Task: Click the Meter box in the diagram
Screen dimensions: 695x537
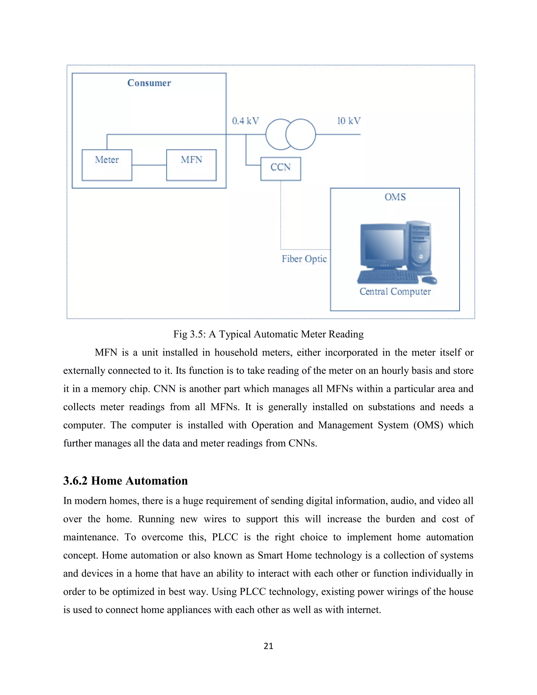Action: [107, 165]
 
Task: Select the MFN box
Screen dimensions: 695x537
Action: [191, 165]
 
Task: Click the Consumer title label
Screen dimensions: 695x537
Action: [149, 83]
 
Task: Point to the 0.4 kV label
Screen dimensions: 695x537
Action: [245, 121]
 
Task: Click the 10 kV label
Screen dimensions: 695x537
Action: [349, 121]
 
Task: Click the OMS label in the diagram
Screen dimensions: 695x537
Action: [395, 197]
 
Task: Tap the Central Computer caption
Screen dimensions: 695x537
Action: [395, 291]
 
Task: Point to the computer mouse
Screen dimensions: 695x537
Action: [429, 280]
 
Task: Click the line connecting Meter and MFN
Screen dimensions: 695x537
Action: [149, 165]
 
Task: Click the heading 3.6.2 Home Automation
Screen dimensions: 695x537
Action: [125, 480]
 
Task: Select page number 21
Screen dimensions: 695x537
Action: [268, 646]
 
